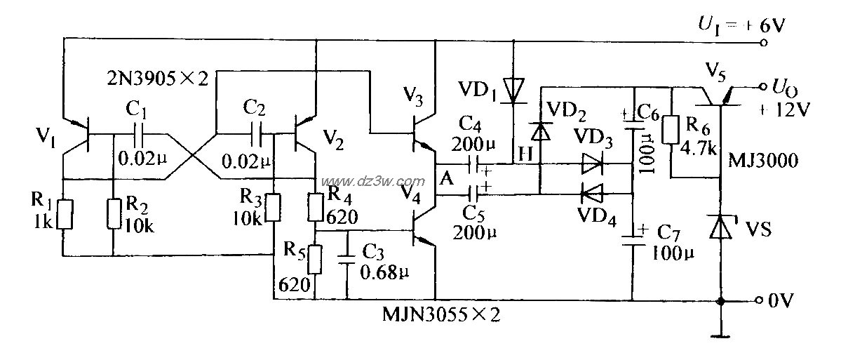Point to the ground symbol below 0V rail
[x=721, y=335]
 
